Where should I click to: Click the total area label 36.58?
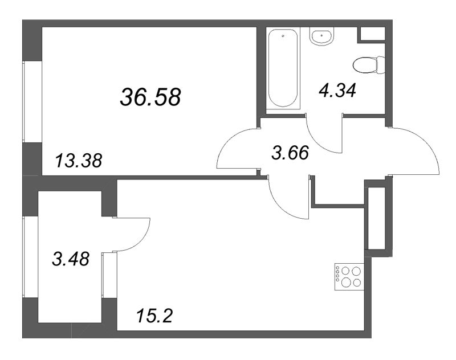pyautogui.click(x=150, y=97)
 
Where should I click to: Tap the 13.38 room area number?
pyautogui.click(x=79, y=161)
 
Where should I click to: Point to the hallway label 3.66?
pyautogui.click(x=290, y=153)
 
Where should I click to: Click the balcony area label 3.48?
pyautogui.click(x=71, y=259)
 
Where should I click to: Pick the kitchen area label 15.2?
pyautogui.click(x=154, y=316)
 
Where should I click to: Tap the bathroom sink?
pyautogui.click(x=321, y=36)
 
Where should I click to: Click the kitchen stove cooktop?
pyautogui.click(x=349, y=277)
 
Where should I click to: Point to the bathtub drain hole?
pyautogui.click(x=283, y=36)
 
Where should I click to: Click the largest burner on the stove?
pyautogui.click(x=346, y=282)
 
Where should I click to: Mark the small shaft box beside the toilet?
pyautogui.click(x=373, y=34)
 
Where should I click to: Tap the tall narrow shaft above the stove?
pyautogui.click(x=377, y=218)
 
